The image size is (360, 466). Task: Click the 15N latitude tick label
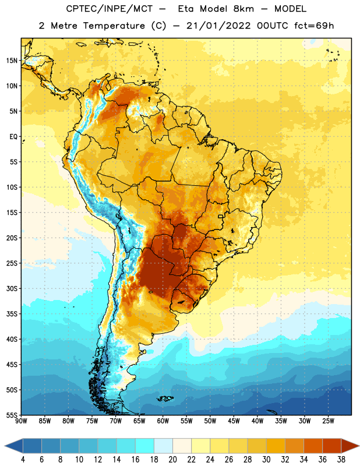pos(12,61)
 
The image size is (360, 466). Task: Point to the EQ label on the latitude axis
pos(13,137)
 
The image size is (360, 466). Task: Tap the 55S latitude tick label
pos(12,415)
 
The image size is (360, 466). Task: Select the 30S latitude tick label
pos(12,288)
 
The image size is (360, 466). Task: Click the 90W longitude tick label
pos(21,421)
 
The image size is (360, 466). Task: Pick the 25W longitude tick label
pos(328,421)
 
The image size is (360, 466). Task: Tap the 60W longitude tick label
pos(163,421)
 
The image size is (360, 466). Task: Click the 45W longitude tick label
pos(234,421)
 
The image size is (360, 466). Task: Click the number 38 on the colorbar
pos(341,459)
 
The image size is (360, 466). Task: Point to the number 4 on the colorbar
pos(23,459)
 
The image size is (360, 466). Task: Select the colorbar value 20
pos(172,459)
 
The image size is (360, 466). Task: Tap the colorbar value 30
pos(266,459)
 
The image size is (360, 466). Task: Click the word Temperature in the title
pos(114,26)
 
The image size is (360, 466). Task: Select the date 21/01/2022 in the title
pos(218,26)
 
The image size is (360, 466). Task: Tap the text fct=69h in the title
pos(314,26)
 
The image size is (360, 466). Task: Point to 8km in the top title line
pos(243,9)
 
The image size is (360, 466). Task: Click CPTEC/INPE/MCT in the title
pos(109,9)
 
